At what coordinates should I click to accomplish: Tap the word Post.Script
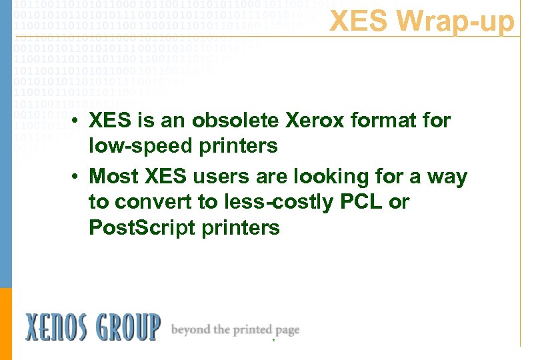[x=137, y=227]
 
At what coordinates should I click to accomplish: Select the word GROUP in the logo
[x=127, y=327]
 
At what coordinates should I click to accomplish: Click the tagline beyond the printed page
[x=235, y=330]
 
